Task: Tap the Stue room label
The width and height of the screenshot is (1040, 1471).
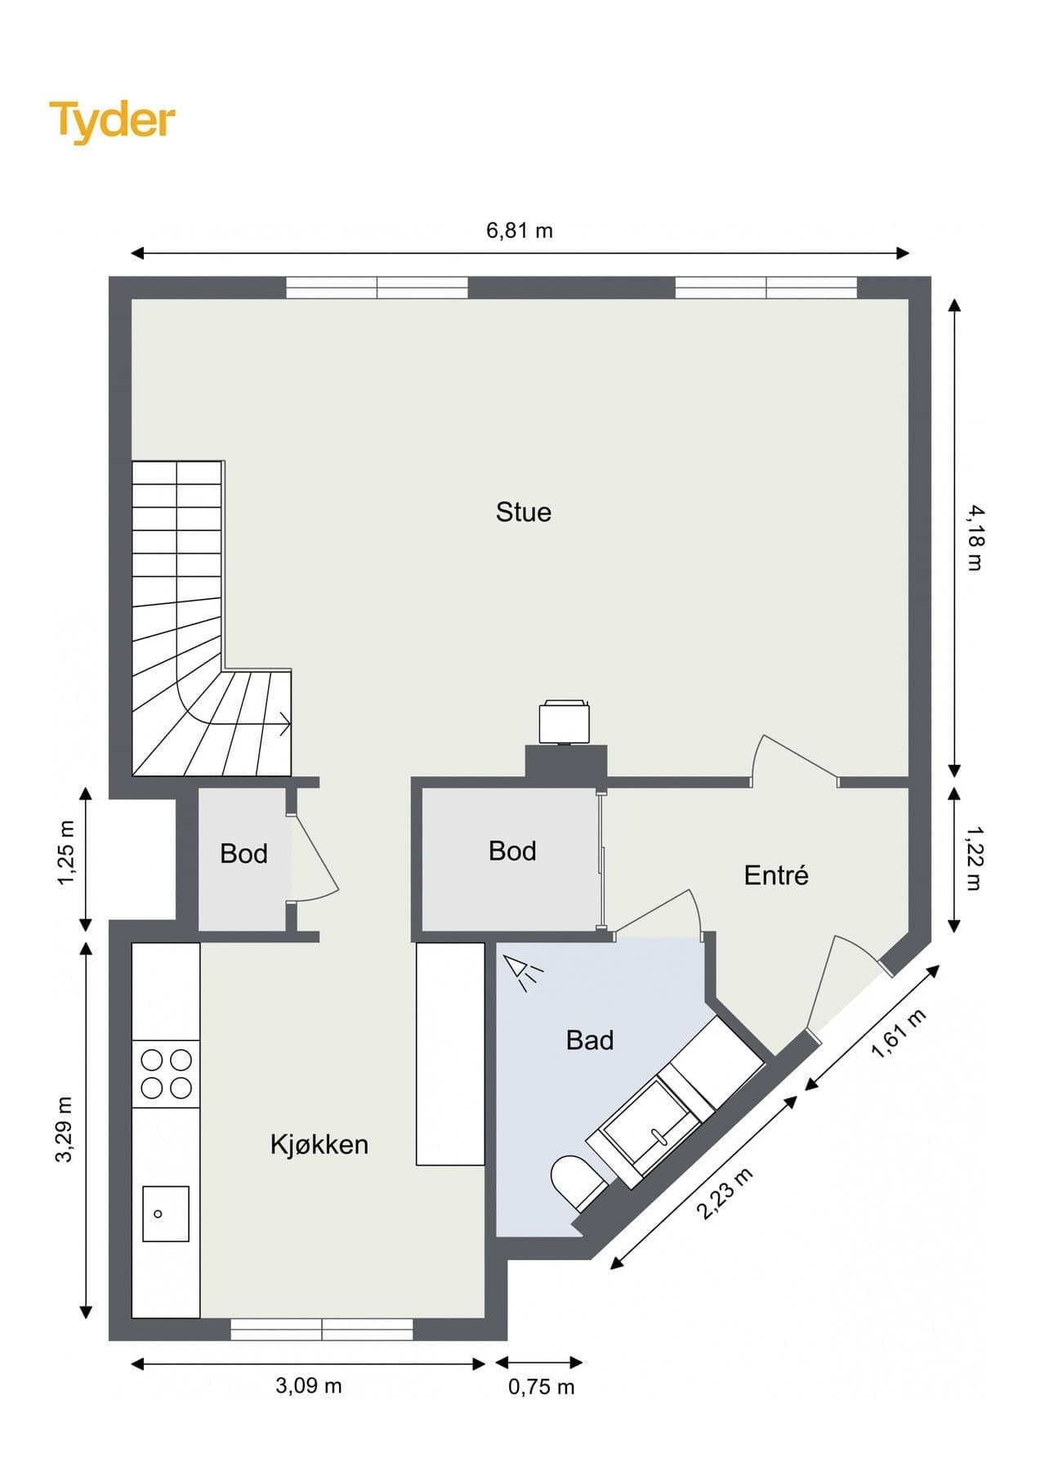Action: [524, 512]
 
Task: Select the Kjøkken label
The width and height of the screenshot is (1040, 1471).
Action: [319, 1144]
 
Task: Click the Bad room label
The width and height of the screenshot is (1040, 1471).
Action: [590, 1040]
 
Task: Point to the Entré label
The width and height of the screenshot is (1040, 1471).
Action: [776, 875]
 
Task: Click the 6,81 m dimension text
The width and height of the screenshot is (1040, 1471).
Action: [520, 230]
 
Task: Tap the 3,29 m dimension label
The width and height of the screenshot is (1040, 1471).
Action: [65, 1129]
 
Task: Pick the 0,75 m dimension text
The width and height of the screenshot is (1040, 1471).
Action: [542, 1386]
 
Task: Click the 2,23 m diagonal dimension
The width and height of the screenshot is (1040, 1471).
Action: [724, 1194]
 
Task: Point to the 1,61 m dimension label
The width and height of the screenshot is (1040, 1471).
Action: [899, 1034]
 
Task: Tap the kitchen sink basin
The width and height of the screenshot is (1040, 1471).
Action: [166, 1214]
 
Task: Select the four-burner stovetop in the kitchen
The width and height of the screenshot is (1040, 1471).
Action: [166, 1074]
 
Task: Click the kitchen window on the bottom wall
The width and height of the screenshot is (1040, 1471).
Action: [322, 1330]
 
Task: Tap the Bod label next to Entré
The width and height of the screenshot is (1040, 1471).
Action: [512, 851]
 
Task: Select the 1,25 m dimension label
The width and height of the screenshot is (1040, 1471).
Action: [66, 852]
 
